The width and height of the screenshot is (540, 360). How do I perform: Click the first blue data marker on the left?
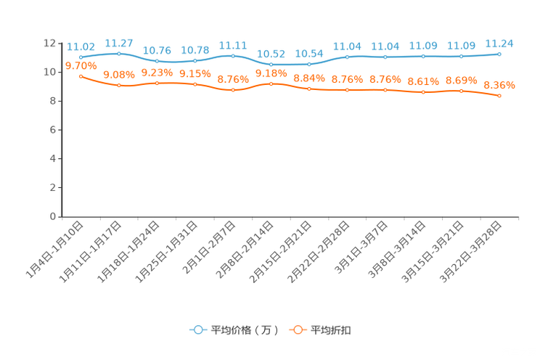coord(81,56)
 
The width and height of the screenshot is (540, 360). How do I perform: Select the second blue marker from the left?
coord(119,53)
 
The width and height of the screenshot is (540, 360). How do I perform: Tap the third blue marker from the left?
coord(157,62)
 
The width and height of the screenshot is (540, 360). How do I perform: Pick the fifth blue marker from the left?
coord(233,55)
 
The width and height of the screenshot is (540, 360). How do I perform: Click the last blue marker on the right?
coord(499,54)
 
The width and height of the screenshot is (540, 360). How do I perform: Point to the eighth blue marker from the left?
coord(348,57)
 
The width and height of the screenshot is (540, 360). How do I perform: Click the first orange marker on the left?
coord(81,75)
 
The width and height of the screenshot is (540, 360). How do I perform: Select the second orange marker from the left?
coord(119,85)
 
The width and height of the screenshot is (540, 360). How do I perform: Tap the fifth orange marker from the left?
coord(233,90)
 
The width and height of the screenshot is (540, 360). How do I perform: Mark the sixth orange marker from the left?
coord(271,83)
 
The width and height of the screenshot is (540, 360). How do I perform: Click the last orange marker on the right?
coord(499,96)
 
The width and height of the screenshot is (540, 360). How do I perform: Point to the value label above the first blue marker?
coord(81,46)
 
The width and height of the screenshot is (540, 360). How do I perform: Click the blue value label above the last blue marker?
coord(499,44)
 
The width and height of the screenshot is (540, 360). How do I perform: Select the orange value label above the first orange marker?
coord(81,65)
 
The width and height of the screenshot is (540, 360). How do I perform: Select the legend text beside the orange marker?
coord(332,330)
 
